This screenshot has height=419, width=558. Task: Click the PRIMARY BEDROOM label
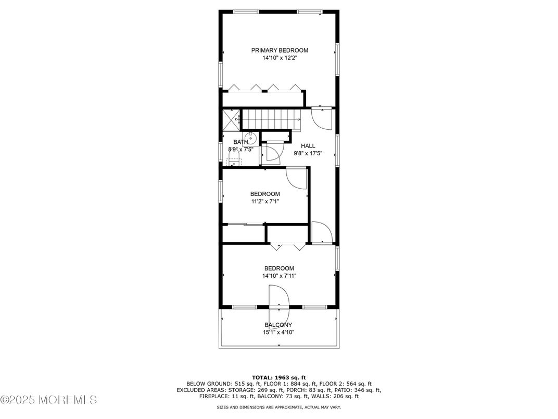(280, 51)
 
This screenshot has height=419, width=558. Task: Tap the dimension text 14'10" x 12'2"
(280, 58)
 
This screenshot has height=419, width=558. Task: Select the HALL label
(308, 146)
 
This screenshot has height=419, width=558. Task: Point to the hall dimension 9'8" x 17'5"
(308, 154)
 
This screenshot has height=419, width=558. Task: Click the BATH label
(240, 142)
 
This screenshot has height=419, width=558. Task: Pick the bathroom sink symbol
(251, 138)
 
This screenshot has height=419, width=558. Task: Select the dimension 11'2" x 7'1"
(265, 202)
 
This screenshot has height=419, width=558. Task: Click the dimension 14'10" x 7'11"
(280, 276)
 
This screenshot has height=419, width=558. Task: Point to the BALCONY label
(278, 325)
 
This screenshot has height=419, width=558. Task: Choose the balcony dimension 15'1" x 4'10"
(279, 332)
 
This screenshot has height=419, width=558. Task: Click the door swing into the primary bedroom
(321, 119)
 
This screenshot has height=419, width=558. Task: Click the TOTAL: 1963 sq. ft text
(278, 377)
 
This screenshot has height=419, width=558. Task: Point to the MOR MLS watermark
(49, 400)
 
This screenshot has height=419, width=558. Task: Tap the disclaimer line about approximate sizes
(278, 406)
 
